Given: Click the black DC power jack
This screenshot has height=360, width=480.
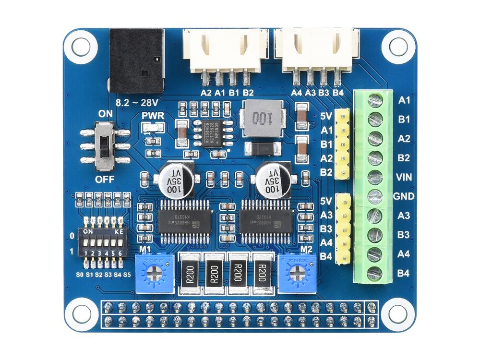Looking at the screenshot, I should [137, 60].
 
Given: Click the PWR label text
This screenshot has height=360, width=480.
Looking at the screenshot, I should [153, 116].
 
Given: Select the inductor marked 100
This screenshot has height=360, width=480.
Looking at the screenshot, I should [263, 118].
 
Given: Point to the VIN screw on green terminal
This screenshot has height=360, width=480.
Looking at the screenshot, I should [375, 177].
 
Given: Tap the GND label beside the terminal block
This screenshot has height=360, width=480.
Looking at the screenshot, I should [403, 196].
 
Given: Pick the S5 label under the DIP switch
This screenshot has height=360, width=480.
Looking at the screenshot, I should [127, 274].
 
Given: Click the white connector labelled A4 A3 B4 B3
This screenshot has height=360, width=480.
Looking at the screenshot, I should [317, 50].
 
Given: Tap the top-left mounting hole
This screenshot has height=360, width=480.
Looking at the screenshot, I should [80, 47].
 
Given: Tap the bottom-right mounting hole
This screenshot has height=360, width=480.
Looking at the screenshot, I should [398, 314].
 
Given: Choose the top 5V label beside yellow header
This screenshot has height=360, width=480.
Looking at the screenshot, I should [327, 116].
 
